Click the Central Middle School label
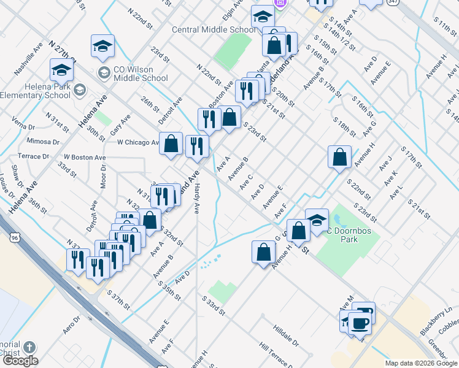pyautogui.click(x=214, y=29)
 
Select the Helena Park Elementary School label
pyautogui.click(x=35, y=91)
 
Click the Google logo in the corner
pyautogui.click(x=20, y=361)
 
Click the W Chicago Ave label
pyautogui.click(x=139, y=142)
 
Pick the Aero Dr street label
pyautogui.click(x=72, y=324)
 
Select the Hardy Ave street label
pyautogui.click(x=197, y=199)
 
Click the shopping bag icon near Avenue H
pyautogui.click(x=339, y=158)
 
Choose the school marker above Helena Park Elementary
pyautogui.click(x=62, y=71)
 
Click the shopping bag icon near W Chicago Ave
pyautogui.click(x=172, y=145)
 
